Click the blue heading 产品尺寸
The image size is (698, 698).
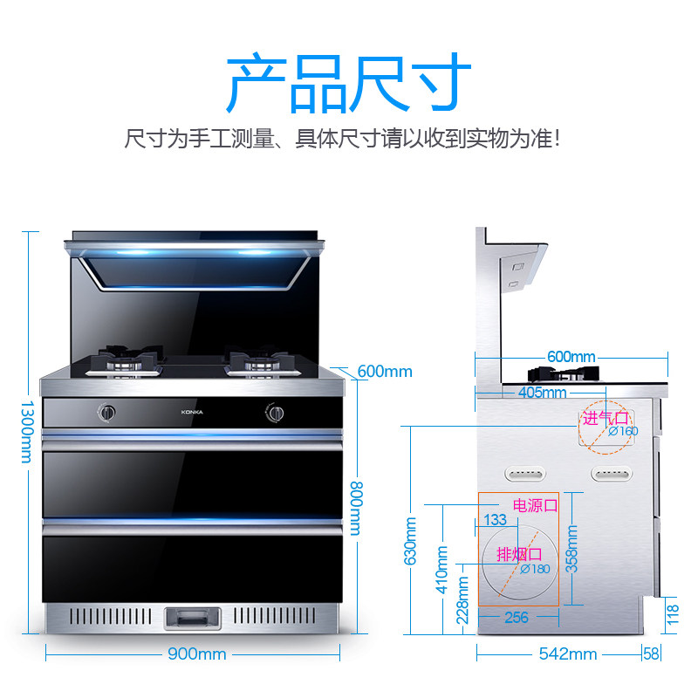pyautogui.click(x=349, y=84)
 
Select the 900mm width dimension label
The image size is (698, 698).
pyautogui.click(x=197, y=654)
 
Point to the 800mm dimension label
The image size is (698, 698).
pyautogui.click(x=355, y=510)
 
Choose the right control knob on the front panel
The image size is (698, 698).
pyautogui.click(x=276, y=412)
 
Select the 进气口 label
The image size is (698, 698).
pyautogui.click(x=605, y=418)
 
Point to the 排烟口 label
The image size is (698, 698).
pyautogui.click(x=519, y=554)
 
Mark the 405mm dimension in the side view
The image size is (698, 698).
pyautogui.click(x=542, y=393)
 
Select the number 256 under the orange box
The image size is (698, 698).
pyautogui.click(x=517, y=618)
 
